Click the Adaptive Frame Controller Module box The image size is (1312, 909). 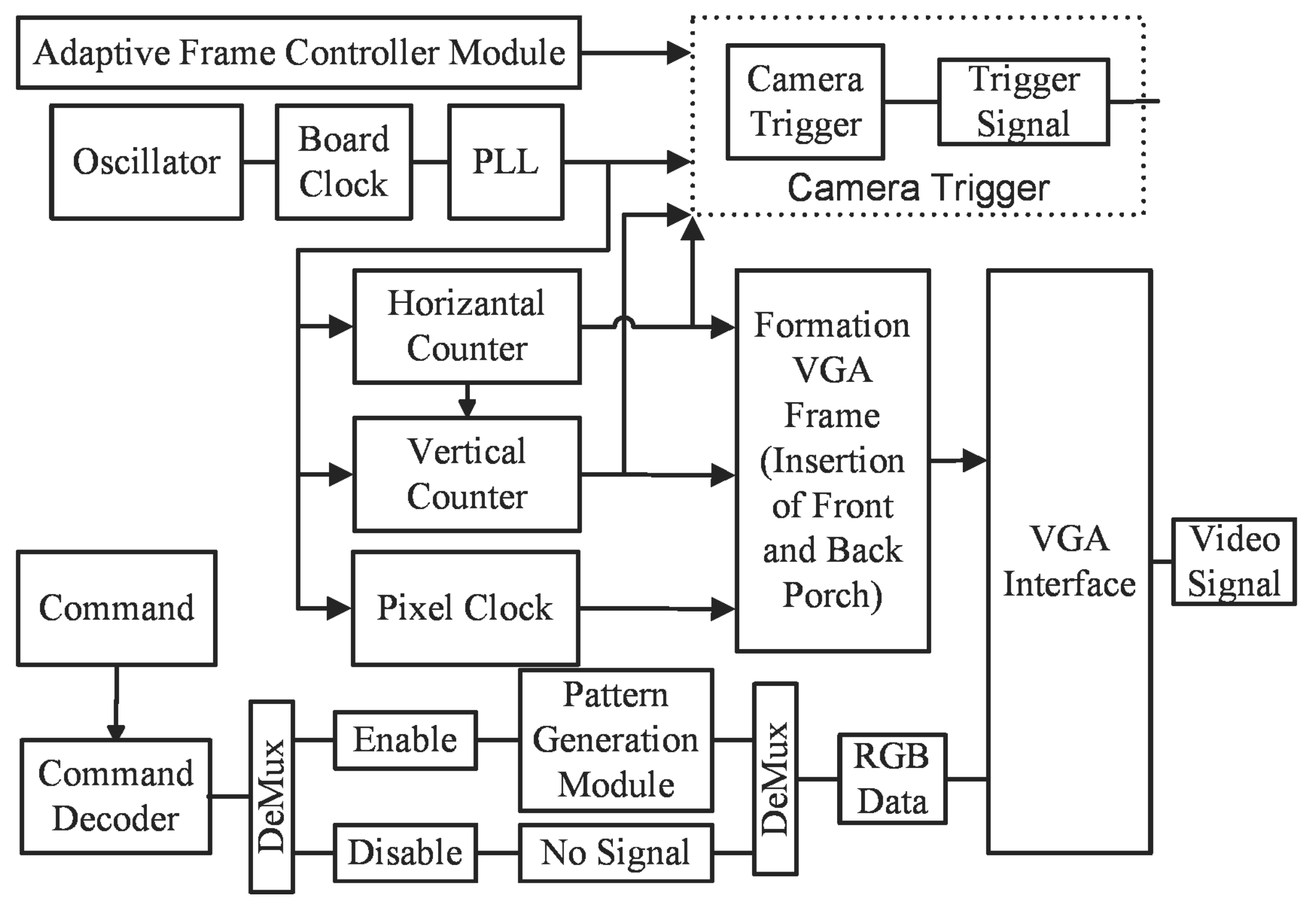click(x=299, y=53)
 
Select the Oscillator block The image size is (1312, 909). click(x=146, y=162)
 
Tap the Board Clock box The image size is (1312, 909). click(x=344, y=162)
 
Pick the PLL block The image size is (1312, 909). click(x=505, y=162)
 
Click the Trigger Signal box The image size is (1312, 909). click(x=1023, y=101)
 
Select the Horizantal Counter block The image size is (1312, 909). click(x=467, y=326)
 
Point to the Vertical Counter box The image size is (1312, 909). click(x=467, y=474)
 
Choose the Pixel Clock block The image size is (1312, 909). click(x=465, y=608)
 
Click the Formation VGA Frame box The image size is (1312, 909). click(x=832, y=460)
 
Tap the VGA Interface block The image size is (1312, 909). click(x=1070, y=561)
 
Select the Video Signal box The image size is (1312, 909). click(x=1234, y=561)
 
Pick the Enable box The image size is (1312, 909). click(x=405, y=740)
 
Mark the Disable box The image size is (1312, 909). click(x=405, y=853)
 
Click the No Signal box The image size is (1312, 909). click(x=616, y=853)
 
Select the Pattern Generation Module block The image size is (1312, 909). click(x=616, y=740)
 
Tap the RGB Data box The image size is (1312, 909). click(x=892, y=779)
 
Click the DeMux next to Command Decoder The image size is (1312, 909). click(x=272, y=797)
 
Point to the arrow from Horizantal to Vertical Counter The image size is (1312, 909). click(x=467, y=401)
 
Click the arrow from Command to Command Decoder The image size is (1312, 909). click(x=116, y=703)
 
